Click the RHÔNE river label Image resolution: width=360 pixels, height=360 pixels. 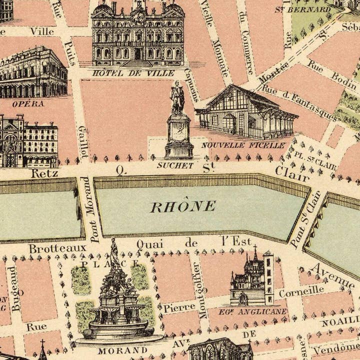tap(183, 206)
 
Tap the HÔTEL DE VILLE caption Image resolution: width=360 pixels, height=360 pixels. tap(133, 73)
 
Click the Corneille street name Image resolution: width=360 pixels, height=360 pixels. tap(301, 291)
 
